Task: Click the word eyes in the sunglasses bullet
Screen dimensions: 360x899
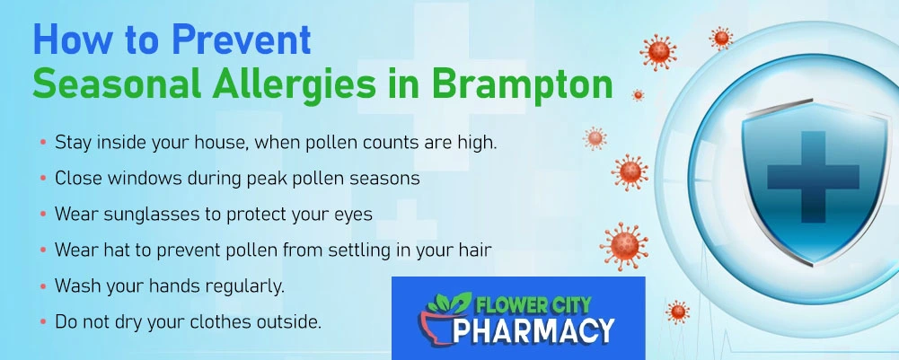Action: click(x=353, y=215)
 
